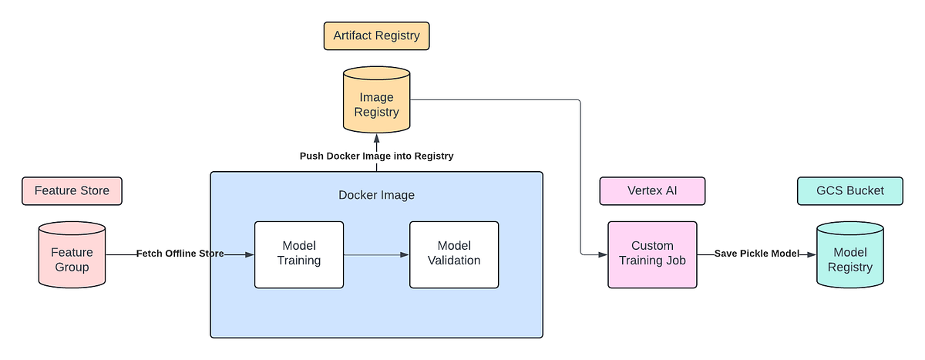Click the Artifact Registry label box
[x=376, y=35]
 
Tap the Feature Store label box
[x=72, y=190]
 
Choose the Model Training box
[x=299, y=254]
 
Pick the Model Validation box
[x=453, y=254]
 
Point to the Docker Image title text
[x=376, y=195]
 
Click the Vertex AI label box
[x=652, y=190]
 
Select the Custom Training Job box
[x=652, y=254]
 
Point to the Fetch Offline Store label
[x=180, y=254]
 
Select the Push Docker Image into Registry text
[x=376, y=156]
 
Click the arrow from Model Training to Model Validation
[x=376, y=254]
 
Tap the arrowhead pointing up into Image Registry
[x=376, y=139]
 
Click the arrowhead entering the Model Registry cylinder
[x=811, y=254]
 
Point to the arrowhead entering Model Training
[x=249, y=254]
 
